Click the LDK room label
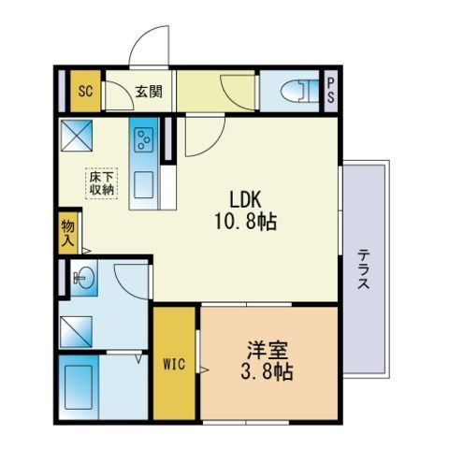(x=246, y=199)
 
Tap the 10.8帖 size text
(x=246, y=223)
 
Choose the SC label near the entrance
(x=84, y=91)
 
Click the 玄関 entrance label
(x=147, y=92)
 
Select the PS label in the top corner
(x=330, y=92)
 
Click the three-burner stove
(x=145, y=141)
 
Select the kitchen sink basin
(x=144, y=184)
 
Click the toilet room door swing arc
(x=233, y=94)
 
